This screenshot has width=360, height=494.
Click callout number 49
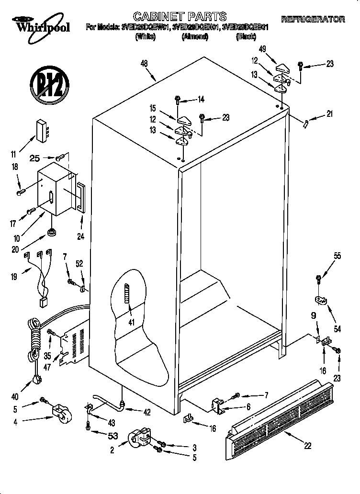point(262,49)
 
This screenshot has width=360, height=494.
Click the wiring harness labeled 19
point(41,278)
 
